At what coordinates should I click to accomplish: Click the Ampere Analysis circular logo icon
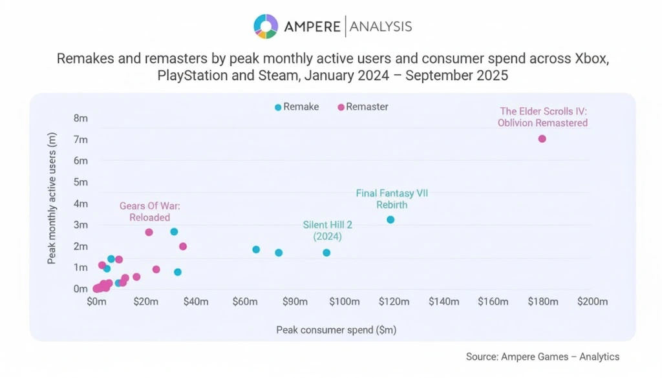[266, 26]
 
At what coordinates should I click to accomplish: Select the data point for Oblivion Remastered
[542, 139]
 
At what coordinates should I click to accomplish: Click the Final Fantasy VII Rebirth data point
[390, 220]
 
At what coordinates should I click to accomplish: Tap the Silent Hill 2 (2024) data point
[326, 253]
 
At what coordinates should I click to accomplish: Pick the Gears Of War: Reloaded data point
[149, 232]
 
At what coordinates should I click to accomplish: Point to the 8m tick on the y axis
[81, 118]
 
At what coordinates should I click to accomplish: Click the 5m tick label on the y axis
[81, 182]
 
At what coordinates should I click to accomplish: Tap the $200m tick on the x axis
[592, 302]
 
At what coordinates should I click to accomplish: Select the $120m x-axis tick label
[394, 302]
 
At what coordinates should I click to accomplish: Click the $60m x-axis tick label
[245, 302]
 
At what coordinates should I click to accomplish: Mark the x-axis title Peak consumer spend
[336, 330]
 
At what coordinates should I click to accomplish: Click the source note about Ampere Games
[542, 357]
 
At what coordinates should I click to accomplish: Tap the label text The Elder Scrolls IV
[542, 111]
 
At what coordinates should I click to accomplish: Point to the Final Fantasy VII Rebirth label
[392, 199]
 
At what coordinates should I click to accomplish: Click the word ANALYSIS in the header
[381, 26]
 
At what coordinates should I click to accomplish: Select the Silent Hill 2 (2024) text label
[327, 231]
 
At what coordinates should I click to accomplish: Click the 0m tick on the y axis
[81, 289]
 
